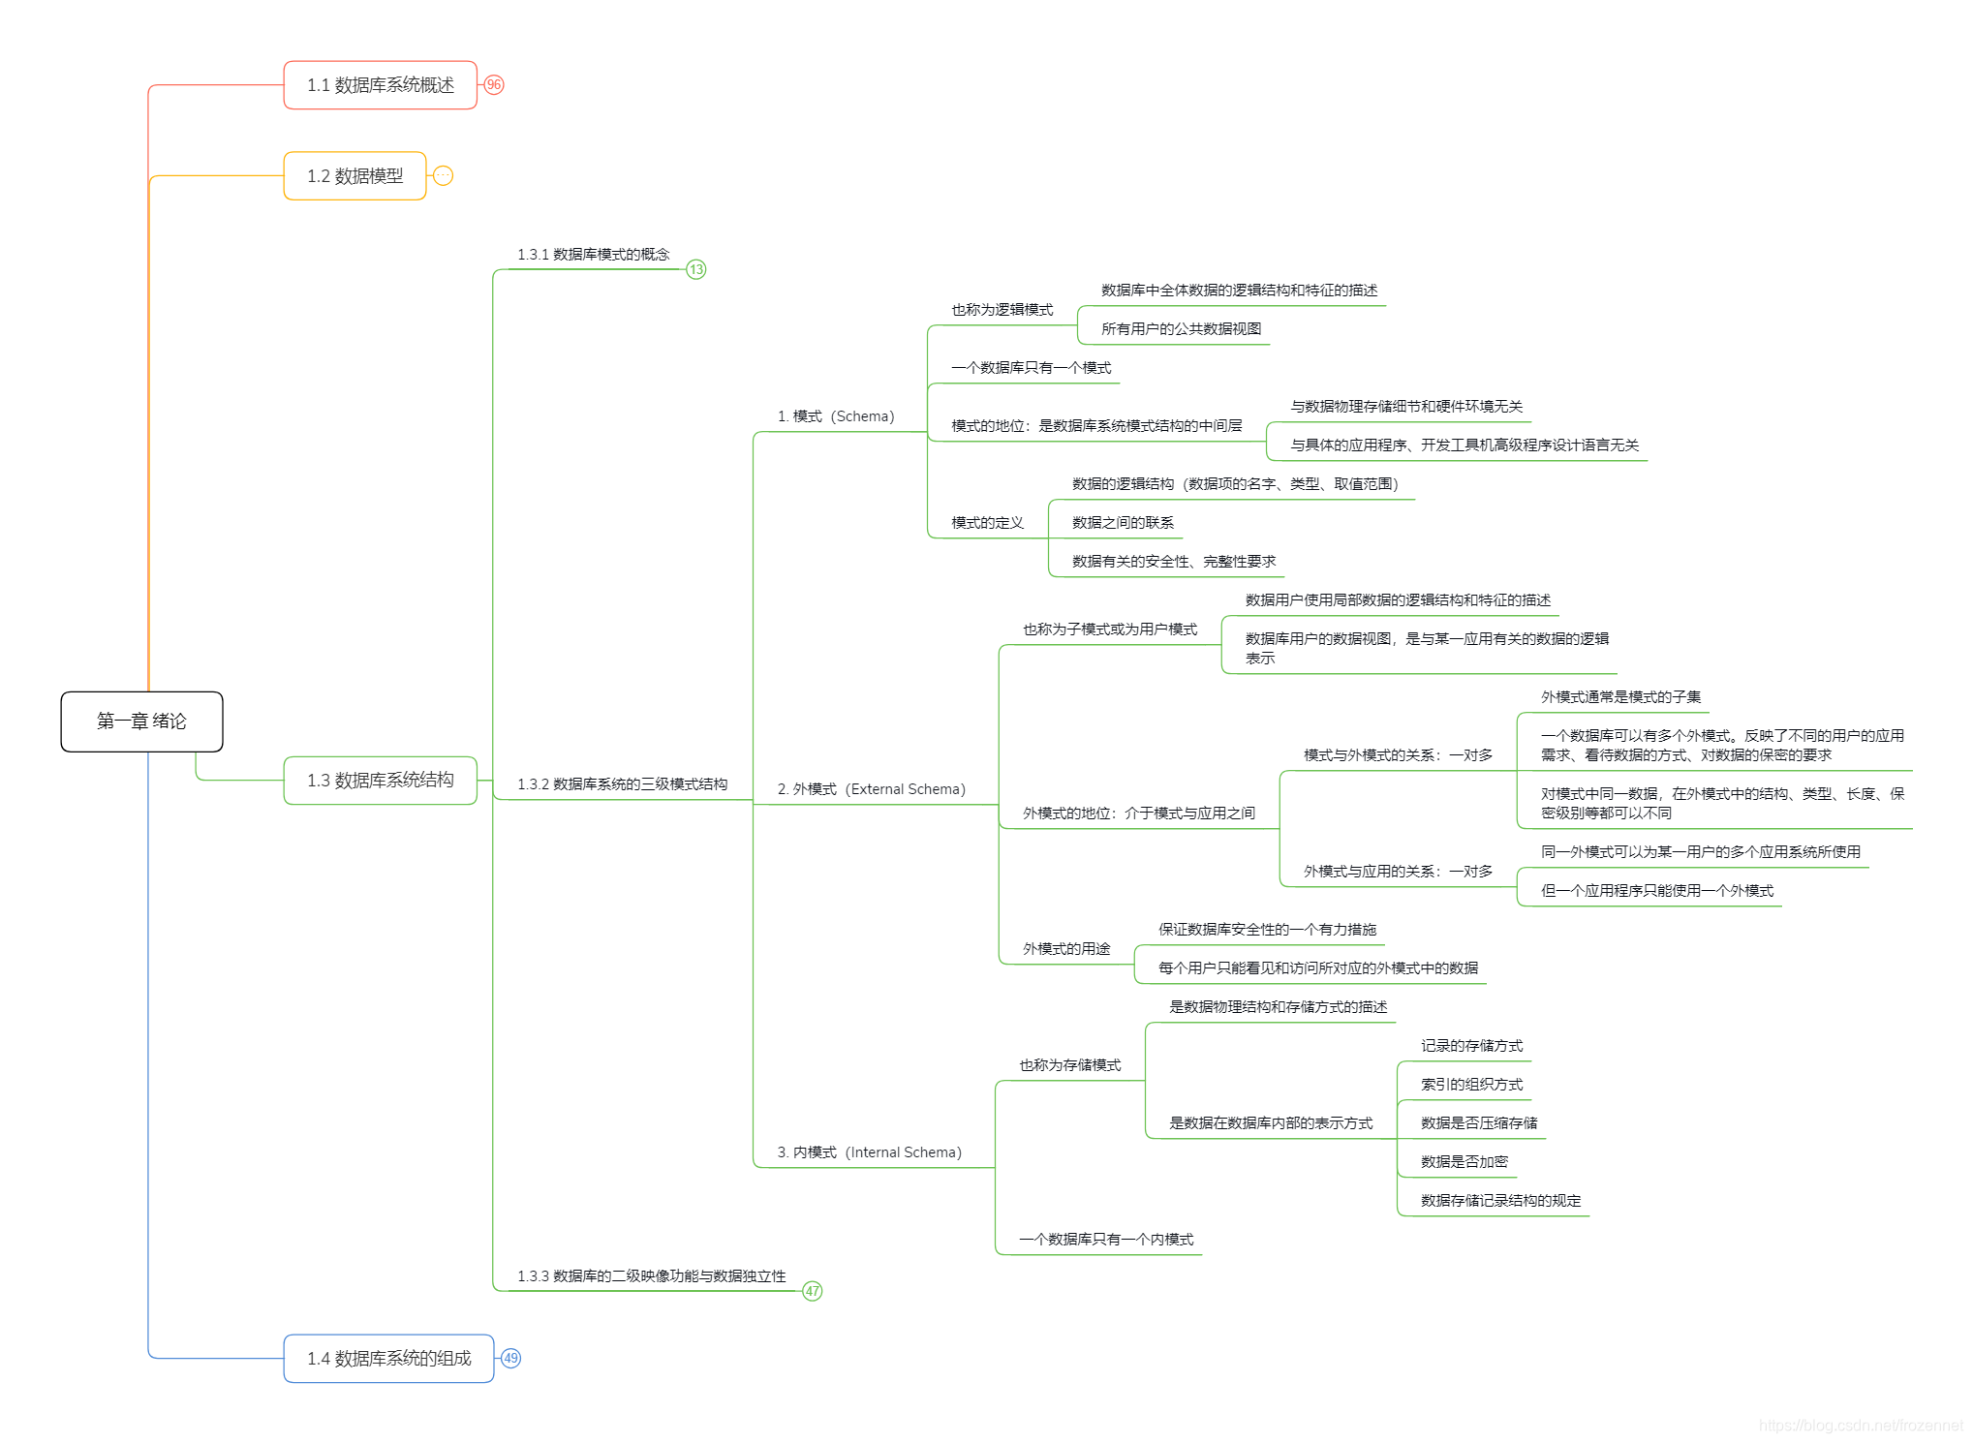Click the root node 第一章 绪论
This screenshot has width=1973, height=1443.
coord(141,721)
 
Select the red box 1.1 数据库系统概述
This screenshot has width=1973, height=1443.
coord(380,85)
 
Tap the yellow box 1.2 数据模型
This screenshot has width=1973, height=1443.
coord(355,176)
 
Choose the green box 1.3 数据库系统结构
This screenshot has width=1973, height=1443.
coord(380,781)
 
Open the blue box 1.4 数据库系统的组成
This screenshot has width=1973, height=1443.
coord(388,1359)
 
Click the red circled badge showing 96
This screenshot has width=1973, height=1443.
coord(494,85)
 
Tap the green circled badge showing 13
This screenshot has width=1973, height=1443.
coord(696,269)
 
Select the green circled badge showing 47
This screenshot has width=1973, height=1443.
coord(813,1291)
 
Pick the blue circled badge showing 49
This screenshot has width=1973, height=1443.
coord(511,1359)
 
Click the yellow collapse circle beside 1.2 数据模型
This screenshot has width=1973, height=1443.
coord(443,176)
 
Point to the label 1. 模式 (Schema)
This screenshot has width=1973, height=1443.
coord(836,416)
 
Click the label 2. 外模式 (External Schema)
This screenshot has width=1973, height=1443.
coord(871,789)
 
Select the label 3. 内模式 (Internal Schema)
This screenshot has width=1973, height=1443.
coord(869,1152)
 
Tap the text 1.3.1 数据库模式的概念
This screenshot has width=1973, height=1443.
coord(593,255)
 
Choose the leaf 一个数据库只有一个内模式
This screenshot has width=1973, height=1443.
coord(1106,1240)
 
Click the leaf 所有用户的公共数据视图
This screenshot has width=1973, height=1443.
coord(1181,329)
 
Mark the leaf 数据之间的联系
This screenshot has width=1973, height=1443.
coord(1123,523)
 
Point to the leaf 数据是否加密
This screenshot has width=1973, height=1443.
coord(1464,1162)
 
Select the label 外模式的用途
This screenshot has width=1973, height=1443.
coord(1066,949)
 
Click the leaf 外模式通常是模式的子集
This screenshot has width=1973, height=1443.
coord(1620,697)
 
